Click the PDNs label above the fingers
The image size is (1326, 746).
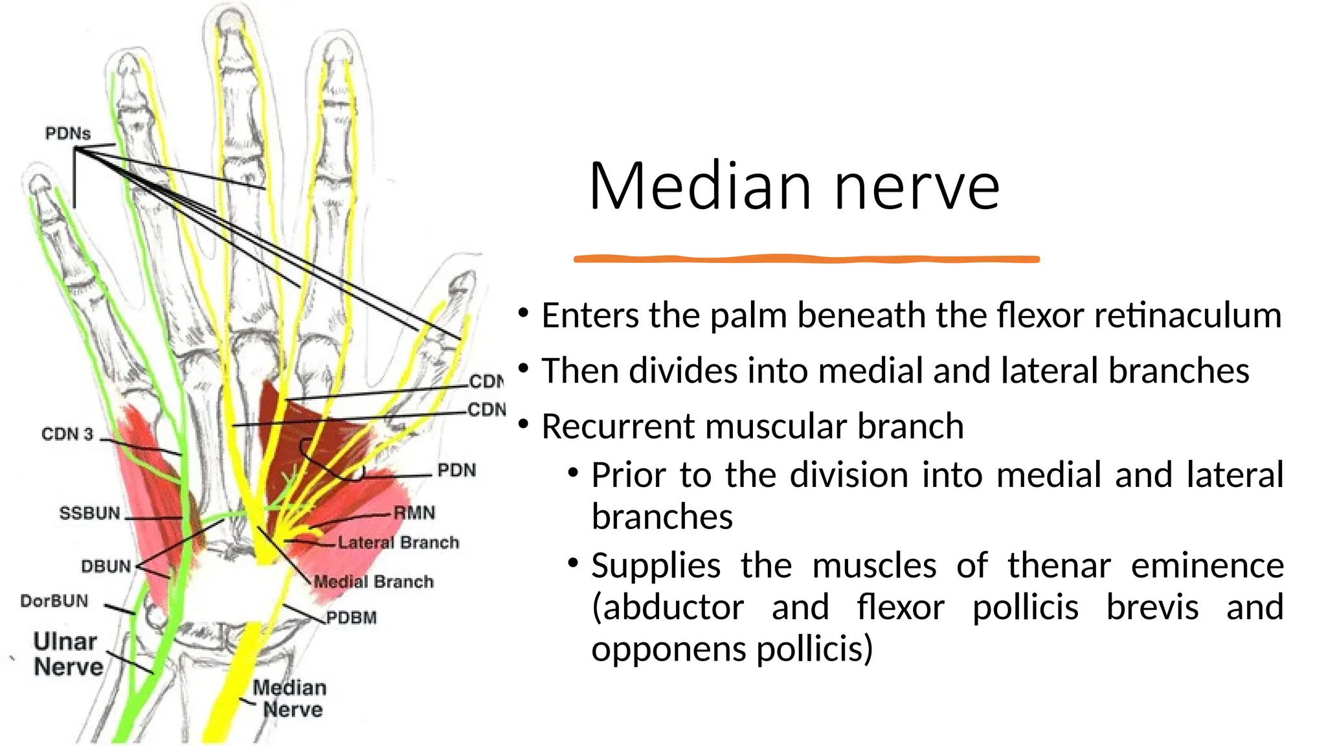point(67,133)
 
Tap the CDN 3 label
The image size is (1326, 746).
point(67,434)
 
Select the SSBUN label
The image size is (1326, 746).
point(89,514)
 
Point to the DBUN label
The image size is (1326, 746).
point(106,567)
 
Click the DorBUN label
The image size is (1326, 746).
point(54,601)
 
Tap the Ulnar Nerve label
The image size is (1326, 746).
point(67,654)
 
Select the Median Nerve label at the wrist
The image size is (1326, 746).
point(290,698)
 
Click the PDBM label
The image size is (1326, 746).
point(351,618)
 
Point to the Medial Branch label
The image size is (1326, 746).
point(374,582)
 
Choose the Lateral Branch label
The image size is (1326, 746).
point(398,542)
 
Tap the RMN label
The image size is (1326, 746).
point(414,513)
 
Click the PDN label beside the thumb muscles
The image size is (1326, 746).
point(456,470)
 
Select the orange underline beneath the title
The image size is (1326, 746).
point(806,259)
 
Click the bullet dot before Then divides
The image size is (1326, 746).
point(523,370)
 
